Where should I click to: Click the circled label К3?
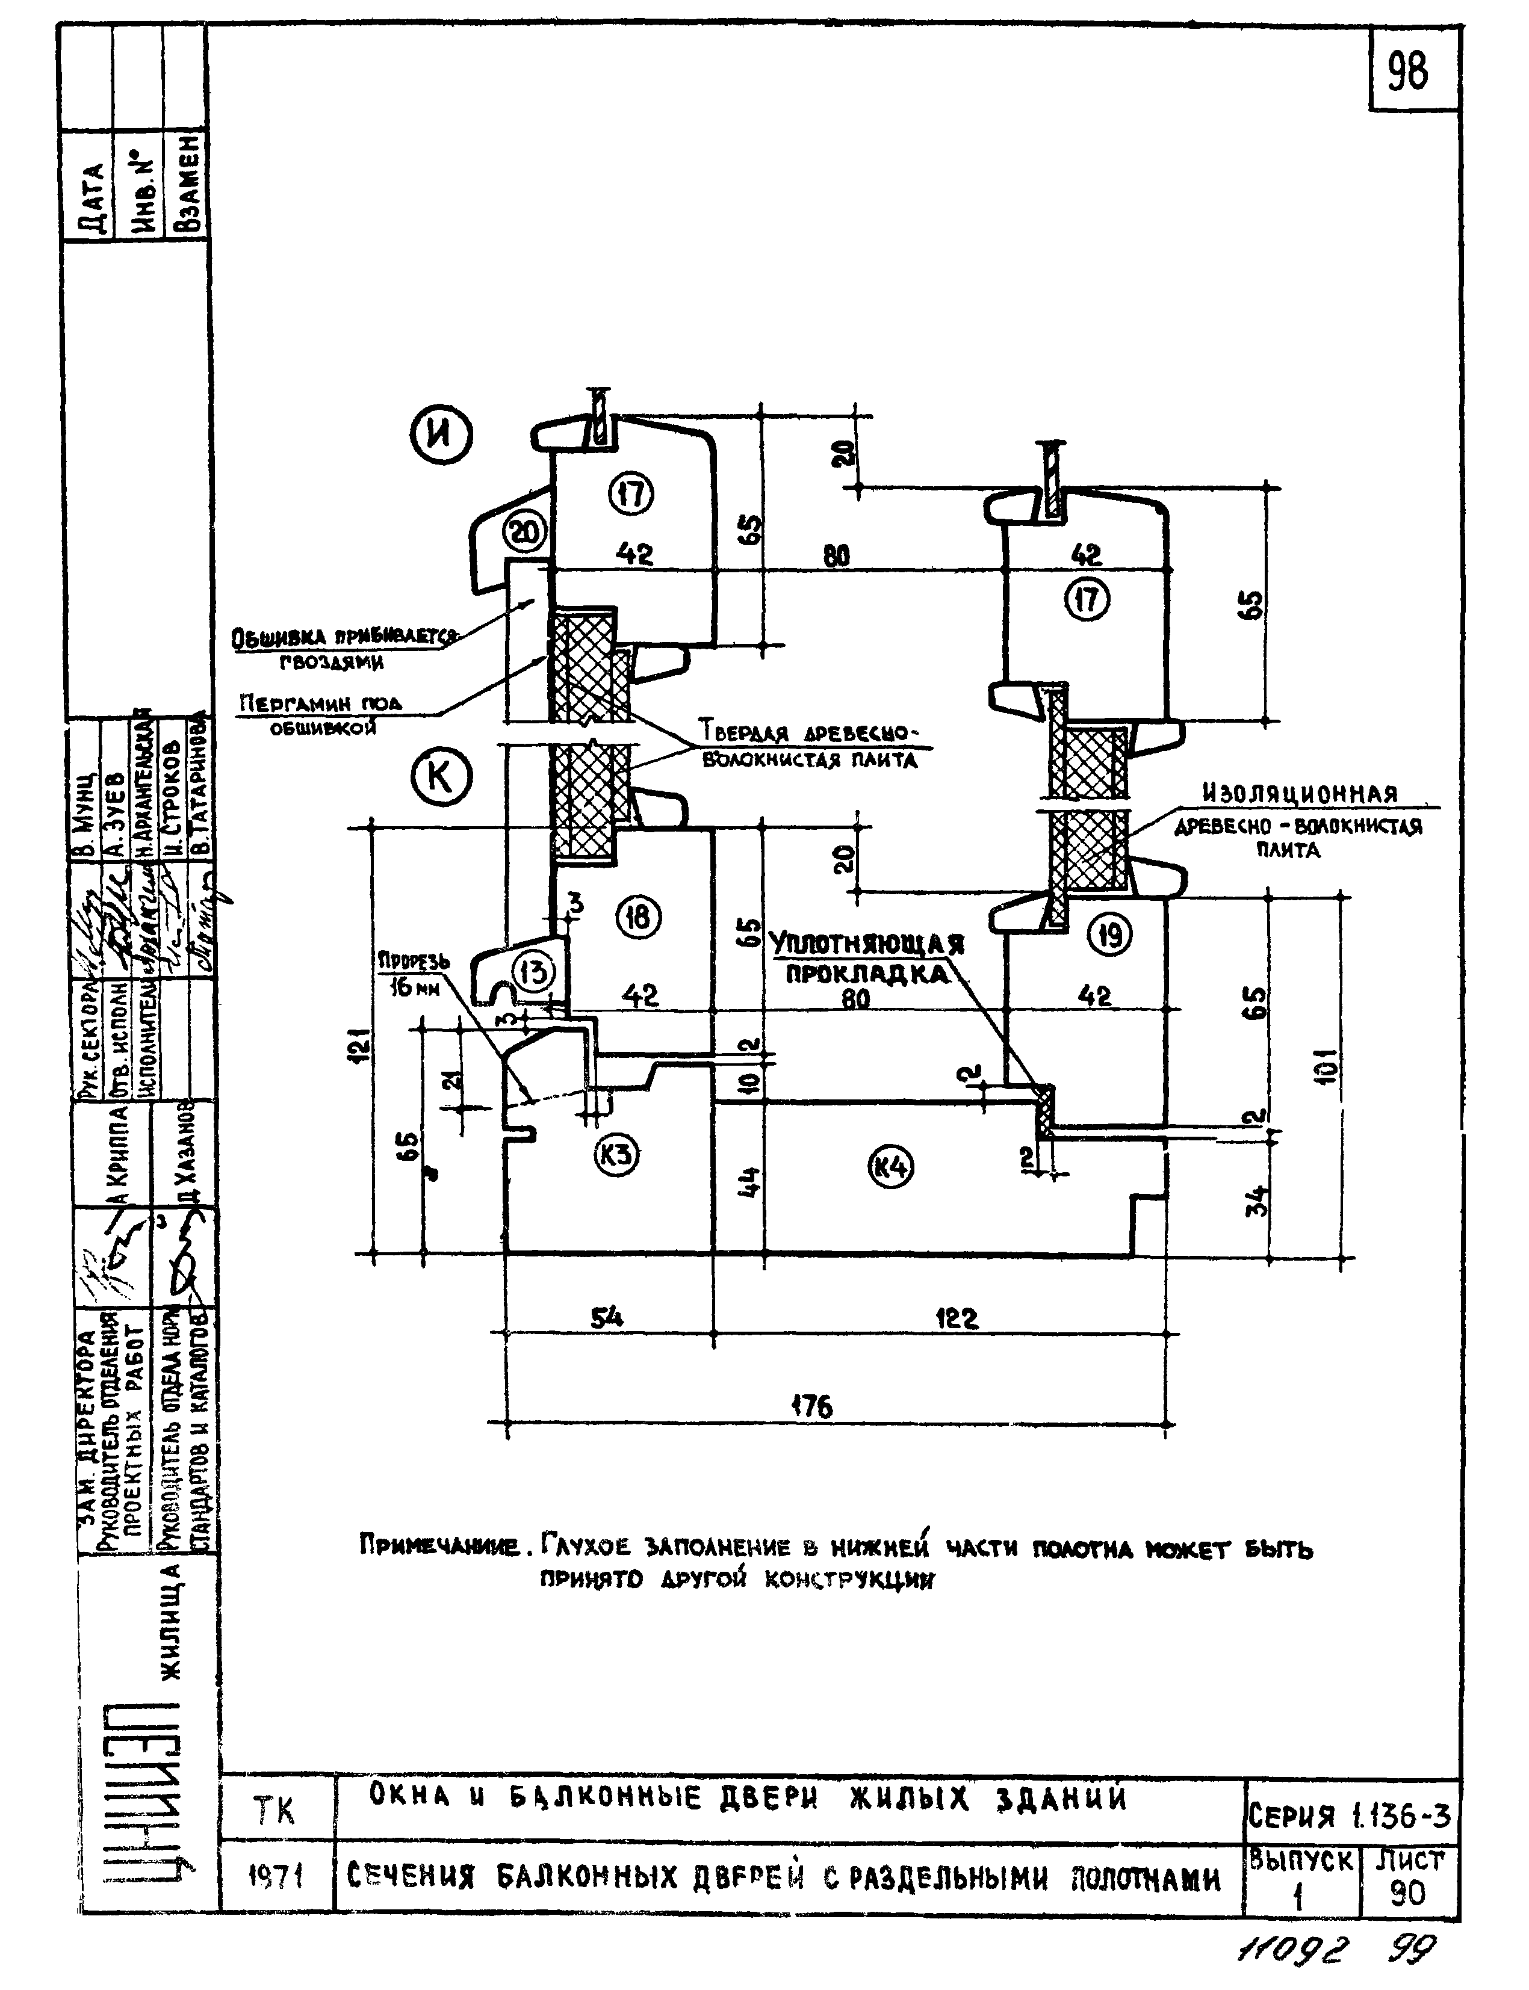(616, 1155)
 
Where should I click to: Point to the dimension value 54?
(607, 1317)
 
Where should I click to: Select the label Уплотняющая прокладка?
(866, 960)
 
